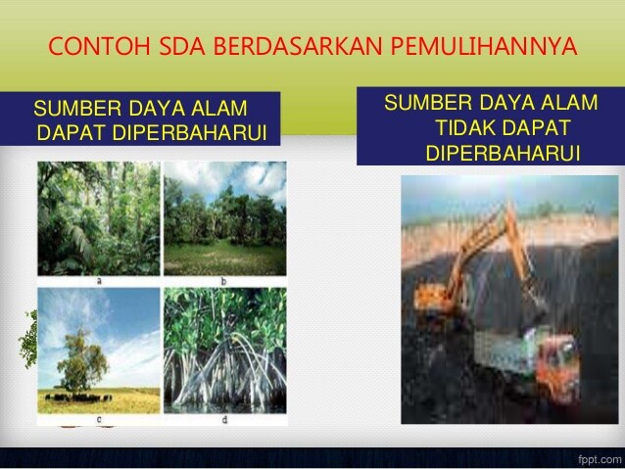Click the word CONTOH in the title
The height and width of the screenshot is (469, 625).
click(x=99, y=46)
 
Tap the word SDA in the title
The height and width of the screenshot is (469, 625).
click(x=182, y=46)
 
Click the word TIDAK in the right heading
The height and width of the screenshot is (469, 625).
click(x=465, y=128)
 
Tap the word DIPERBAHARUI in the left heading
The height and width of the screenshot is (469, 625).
click(x=189, y=133)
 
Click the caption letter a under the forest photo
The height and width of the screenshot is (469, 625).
click(x=99, y=281)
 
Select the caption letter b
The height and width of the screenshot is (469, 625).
click(x=223, y=281)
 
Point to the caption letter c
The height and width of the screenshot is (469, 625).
click(x=99, y=419)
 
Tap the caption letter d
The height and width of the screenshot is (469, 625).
click(x=224, y=419)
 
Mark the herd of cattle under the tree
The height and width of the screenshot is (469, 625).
click(x=78, y=398)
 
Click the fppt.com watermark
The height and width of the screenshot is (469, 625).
click(x=601, y=459)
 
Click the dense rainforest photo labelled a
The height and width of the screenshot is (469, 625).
click(x=99, y=218)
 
